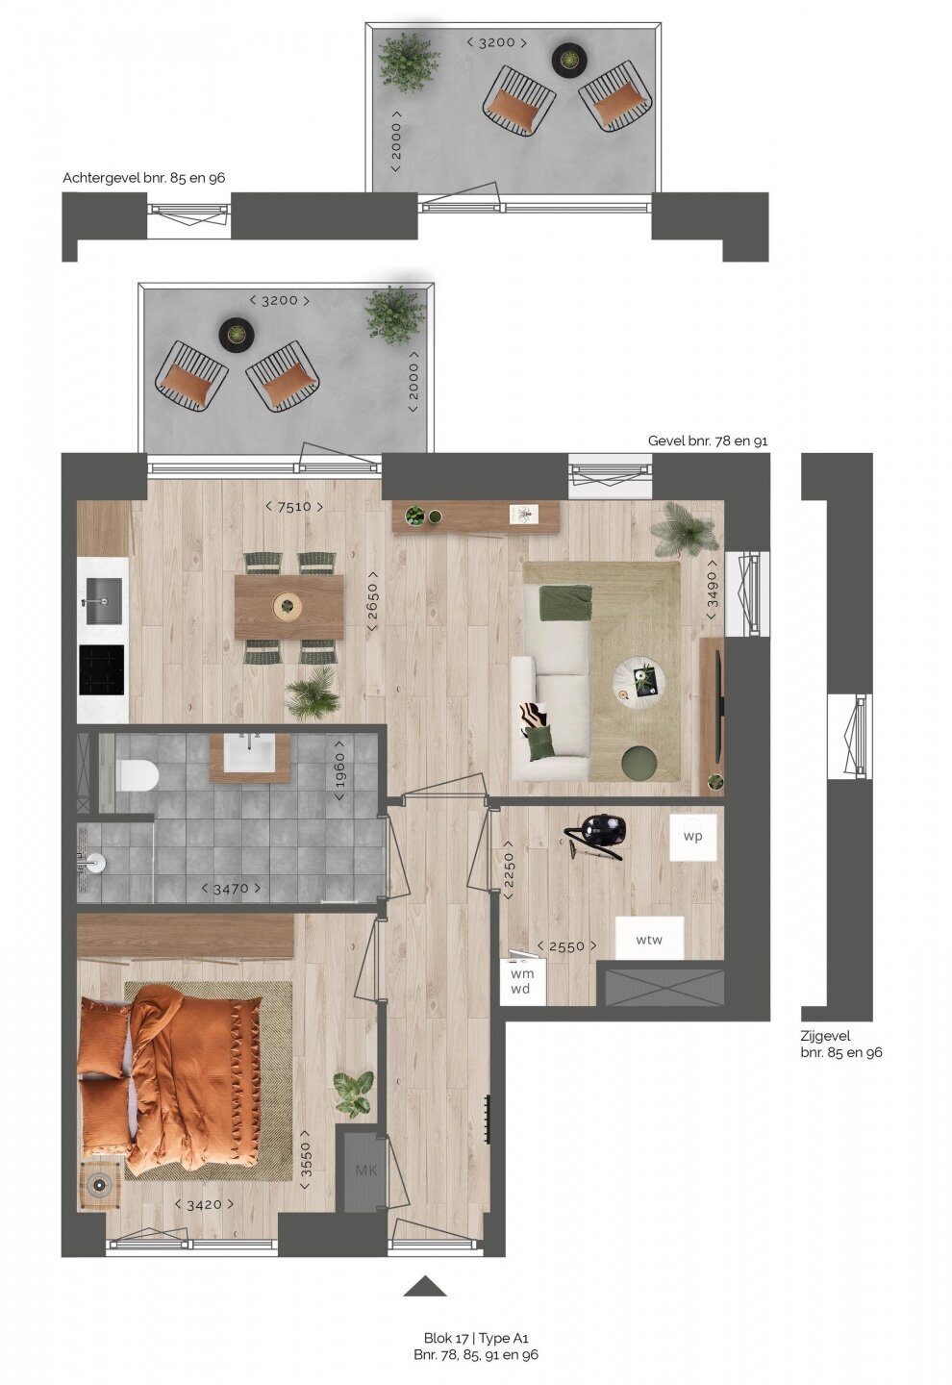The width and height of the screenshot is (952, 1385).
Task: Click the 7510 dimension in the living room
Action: [294, 507]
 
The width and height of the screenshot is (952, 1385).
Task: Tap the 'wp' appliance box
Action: [693, 837]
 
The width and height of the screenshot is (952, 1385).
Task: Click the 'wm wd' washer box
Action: [522, 982]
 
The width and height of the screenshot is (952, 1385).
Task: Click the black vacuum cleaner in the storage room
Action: [596, 835]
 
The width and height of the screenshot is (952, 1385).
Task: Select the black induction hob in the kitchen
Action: [101, 670]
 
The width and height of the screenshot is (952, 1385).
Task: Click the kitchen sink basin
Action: [103, 601]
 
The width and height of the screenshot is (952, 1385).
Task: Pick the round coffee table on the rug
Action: [639, 679]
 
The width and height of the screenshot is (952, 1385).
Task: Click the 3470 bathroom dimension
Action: [231, 889]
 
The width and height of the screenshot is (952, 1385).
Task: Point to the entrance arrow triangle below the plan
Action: [425, 1286]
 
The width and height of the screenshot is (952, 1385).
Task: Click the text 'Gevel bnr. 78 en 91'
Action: [708, 441]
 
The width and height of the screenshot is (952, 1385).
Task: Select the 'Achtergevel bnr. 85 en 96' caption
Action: [143, 178]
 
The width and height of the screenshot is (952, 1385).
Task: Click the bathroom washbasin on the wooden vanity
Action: [249, 752]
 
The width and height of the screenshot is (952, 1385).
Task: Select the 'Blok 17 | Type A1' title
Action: [476, 1338]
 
